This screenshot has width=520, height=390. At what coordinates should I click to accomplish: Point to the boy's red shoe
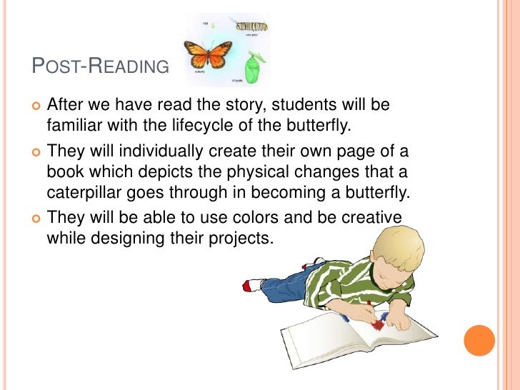pos(250,285)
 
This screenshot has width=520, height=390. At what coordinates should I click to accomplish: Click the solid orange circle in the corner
pos(479,341)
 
